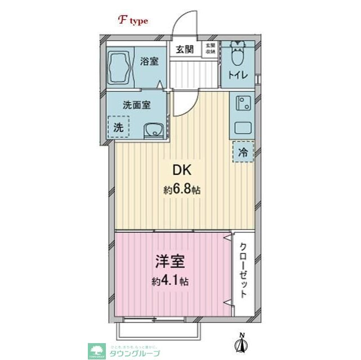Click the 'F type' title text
click(x=133, y=21)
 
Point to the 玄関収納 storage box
click(x=210, y=48)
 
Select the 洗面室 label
click(x=136, y=104)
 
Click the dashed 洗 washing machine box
click(x=119, y=126)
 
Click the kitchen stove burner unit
click(x=243, y=103)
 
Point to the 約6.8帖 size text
click(x=181, y=191)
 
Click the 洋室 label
click(x=169, y=263)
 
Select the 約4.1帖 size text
click(x=169, y=281)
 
